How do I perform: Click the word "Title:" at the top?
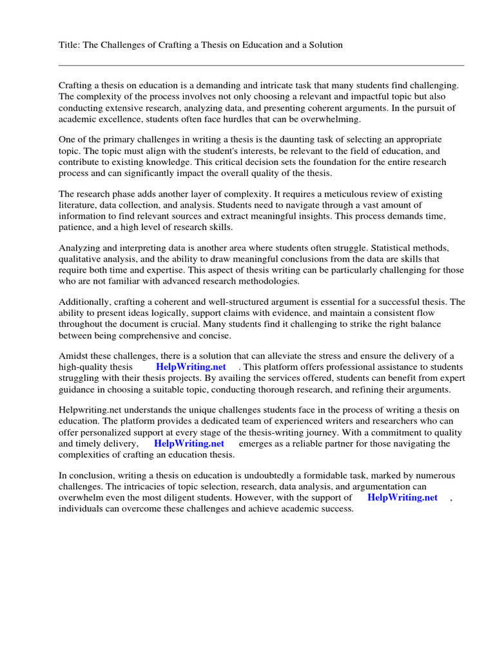click(x=70, y=45)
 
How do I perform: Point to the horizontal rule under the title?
click(x=261, y=65)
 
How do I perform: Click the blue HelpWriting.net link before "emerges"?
click(x=189, y=443)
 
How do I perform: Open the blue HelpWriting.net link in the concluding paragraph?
click(x=402, y=498)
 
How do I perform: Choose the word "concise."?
click(x=213, y=336)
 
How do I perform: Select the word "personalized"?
click(x=108, y=432)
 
